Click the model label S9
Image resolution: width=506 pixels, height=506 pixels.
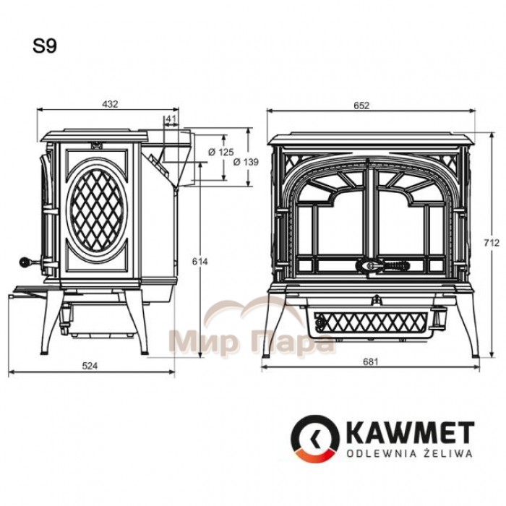45,46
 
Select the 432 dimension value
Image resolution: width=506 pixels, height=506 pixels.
110,104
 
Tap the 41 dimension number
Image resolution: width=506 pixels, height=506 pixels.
171,118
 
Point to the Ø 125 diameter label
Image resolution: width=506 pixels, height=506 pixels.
221,152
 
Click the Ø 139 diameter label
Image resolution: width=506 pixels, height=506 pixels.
246,162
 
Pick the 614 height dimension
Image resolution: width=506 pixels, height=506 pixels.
200,262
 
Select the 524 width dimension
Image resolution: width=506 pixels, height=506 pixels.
90,366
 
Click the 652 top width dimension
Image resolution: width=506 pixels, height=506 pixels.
361,106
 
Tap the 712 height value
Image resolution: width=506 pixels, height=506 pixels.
492,243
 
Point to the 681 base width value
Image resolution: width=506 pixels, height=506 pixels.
370,361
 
